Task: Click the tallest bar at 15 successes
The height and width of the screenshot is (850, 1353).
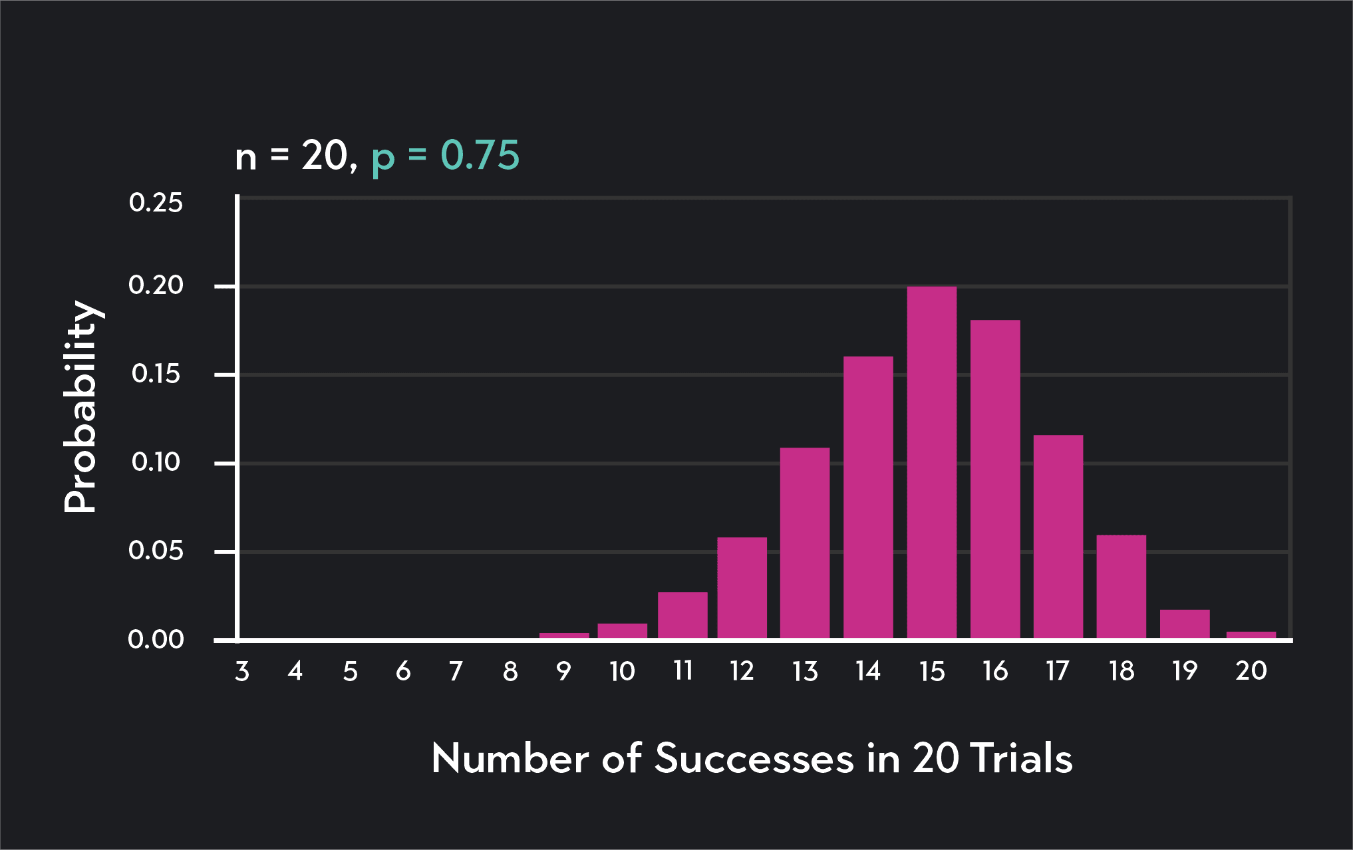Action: coord(931,462)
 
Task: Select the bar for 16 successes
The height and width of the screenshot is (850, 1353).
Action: coord(994,479)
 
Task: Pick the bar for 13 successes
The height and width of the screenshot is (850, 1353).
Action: coord(805,543)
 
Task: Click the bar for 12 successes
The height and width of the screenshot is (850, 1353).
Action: coord(742,588)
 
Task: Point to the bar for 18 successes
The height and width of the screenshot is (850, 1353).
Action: coord(1121,587)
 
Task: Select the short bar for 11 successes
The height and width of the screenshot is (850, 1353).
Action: coord(682,615)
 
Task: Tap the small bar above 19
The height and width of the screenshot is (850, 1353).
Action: coord(1184,624)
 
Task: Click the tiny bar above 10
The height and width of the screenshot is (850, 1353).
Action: coord(622,631)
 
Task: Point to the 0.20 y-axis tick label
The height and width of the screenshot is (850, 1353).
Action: coord(156,285)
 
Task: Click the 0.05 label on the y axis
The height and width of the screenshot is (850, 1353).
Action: coord(156,551)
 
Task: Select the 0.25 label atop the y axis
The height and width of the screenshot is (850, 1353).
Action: coord(156,203)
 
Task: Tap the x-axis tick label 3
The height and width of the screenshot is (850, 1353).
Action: coord(242,671)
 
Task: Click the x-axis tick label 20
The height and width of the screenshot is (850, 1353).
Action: coord(1251,670)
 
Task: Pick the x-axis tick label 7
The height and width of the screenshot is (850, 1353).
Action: coord(456,671)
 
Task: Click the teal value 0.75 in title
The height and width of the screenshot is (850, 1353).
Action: coord(480,156)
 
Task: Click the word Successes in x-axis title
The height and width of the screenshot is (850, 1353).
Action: coord(754,758)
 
